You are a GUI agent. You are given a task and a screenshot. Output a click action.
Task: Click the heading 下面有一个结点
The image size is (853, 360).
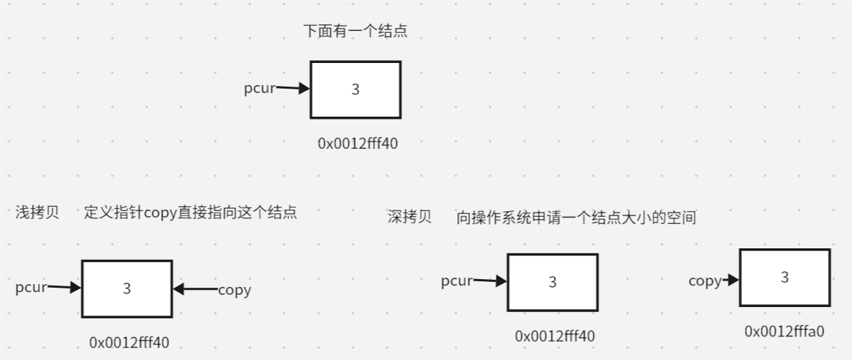click(x=356, y=31)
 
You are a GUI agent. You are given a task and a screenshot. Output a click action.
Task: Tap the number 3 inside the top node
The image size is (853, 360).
click(x=356, y=89)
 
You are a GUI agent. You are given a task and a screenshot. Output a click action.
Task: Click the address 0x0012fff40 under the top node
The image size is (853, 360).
click(x=358, y=143)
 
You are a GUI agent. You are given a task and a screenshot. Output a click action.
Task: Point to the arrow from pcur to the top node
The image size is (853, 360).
click(x=293, y=89)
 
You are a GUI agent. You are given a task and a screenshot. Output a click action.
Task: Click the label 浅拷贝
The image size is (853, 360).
click(x=37, y=212)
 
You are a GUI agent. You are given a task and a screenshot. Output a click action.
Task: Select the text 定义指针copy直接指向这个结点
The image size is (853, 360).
click(x=190, y=213)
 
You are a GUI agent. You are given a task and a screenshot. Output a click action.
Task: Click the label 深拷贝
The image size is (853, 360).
click(x=409, y=217)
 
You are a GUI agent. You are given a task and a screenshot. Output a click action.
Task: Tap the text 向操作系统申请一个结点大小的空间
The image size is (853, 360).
click(x=576, y=218)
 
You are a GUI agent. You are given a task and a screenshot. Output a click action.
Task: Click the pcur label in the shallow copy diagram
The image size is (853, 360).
click(x=31, y=288)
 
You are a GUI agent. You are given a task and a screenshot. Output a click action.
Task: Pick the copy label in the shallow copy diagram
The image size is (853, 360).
click(x=234, y=290)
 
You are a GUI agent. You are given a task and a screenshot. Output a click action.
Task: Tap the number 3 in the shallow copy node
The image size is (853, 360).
click(x=127, y=288)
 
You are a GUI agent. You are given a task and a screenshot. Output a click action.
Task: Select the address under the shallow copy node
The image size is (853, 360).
click(x=130, y=342)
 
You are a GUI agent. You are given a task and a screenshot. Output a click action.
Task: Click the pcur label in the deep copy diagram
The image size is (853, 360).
click(x=457, y=281)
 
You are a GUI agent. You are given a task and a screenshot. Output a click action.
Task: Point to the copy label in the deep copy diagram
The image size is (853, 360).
click(x=705, y=281)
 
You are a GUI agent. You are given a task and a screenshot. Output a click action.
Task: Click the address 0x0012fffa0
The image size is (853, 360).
click(x=785, y=331)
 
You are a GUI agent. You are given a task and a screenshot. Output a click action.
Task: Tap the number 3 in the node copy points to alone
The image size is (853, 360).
click(x=785, y=277)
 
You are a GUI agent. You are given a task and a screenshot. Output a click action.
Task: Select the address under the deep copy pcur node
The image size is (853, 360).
click(x=555, y=336)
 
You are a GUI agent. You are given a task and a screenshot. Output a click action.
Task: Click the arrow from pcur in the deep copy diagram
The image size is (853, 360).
click(x=490, y=281)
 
